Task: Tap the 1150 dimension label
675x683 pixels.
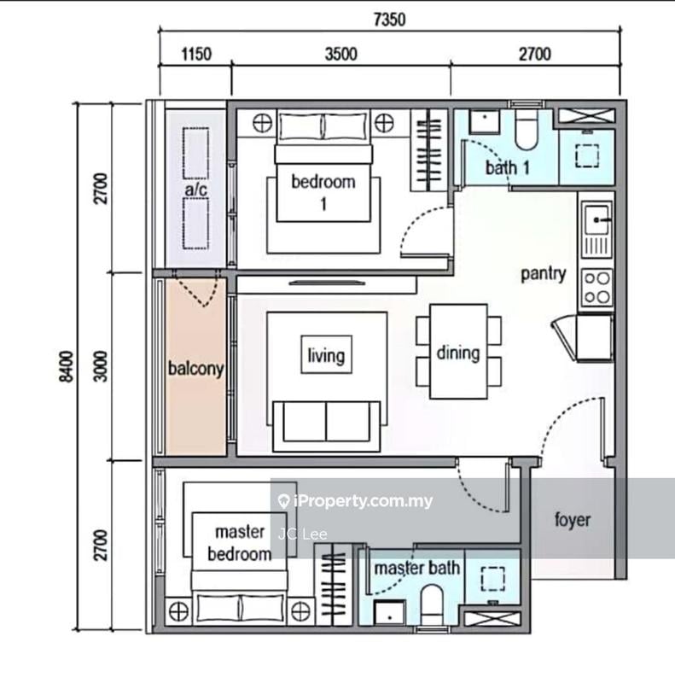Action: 195,55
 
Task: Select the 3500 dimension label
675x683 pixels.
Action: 340,55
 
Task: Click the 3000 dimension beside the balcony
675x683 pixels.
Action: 101,366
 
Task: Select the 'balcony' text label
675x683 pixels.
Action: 196,370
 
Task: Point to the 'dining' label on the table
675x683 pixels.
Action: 457,353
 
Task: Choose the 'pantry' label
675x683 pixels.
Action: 544,274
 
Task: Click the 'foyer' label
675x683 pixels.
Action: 572,519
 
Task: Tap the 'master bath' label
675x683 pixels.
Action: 417,568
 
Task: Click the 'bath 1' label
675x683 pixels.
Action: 508,167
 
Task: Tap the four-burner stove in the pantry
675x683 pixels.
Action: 596,288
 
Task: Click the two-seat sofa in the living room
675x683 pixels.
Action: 325,423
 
